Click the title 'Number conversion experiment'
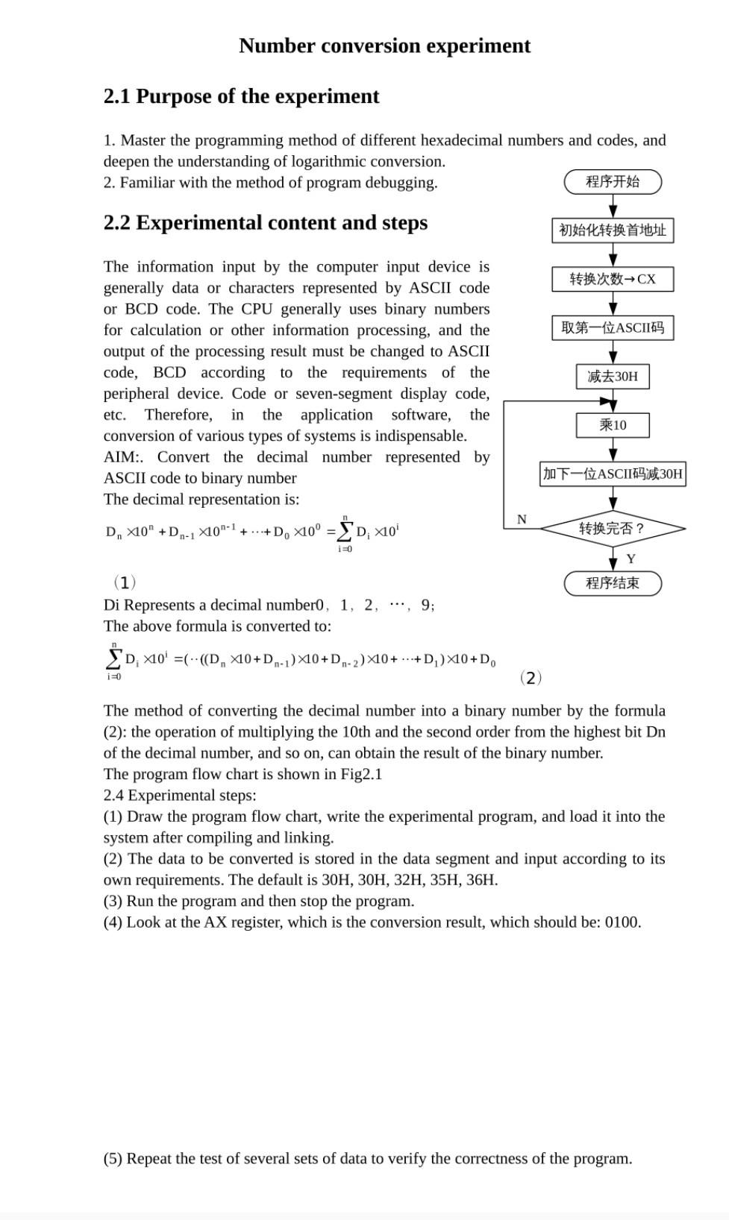384,46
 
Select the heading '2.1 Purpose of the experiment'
241,96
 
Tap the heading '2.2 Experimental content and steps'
265,223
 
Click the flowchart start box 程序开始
613,181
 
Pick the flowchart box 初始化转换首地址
613,230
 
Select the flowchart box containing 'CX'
613,279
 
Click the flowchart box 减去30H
613,377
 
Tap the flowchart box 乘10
613,425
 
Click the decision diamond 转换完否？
613,529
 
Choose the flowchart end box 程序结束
613,583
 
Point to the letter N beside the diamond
522,520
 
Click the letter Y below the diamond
631,559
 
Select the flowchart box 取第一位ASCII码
613,328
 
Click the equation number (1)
124,582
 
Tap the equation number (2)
530,678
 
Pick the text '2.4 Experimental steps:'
179,796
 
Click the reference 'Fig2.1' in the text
361,774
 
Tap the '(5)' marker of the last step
113,1159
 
